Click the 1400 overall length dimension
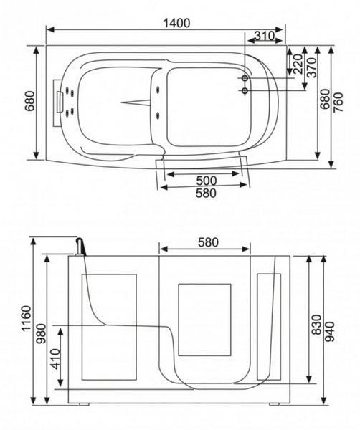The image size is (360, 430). [x=176, y=23]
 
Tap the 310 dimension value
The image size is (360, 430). [x=264, y=36]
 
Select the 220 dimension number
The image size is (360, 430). [x=298, y=64]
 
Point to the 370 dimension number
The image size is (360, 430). [x=312, y=67]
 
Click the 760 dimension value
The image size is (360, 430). [x=338, y=102]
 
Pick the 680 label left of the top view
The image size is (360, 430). [x=30, y=101]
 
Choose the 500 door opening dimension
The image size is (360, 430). [x=207, y=181]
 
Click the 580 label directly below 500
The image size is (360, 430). [x=206, y=193]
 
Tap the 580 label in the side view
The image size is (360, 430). [x=208, y=242]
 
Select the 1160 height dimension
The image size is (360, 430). [x=27, y=318]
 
